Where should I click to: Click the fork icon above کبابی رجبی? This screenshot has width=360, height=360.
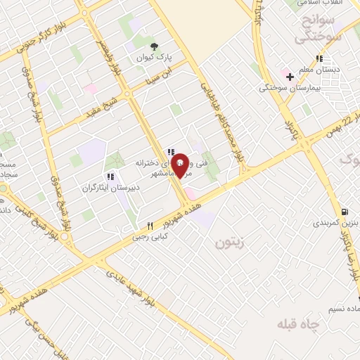click(x=149, y=226)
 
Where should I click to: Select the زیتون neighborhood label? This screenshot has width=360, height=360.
click(x=225, y=244)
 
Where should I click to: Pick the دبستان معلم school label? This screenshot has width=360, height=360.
click(x=327, y=70)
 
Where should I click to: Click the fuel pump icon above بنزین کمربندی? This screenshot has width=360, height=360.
click(x=343, y=212)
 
